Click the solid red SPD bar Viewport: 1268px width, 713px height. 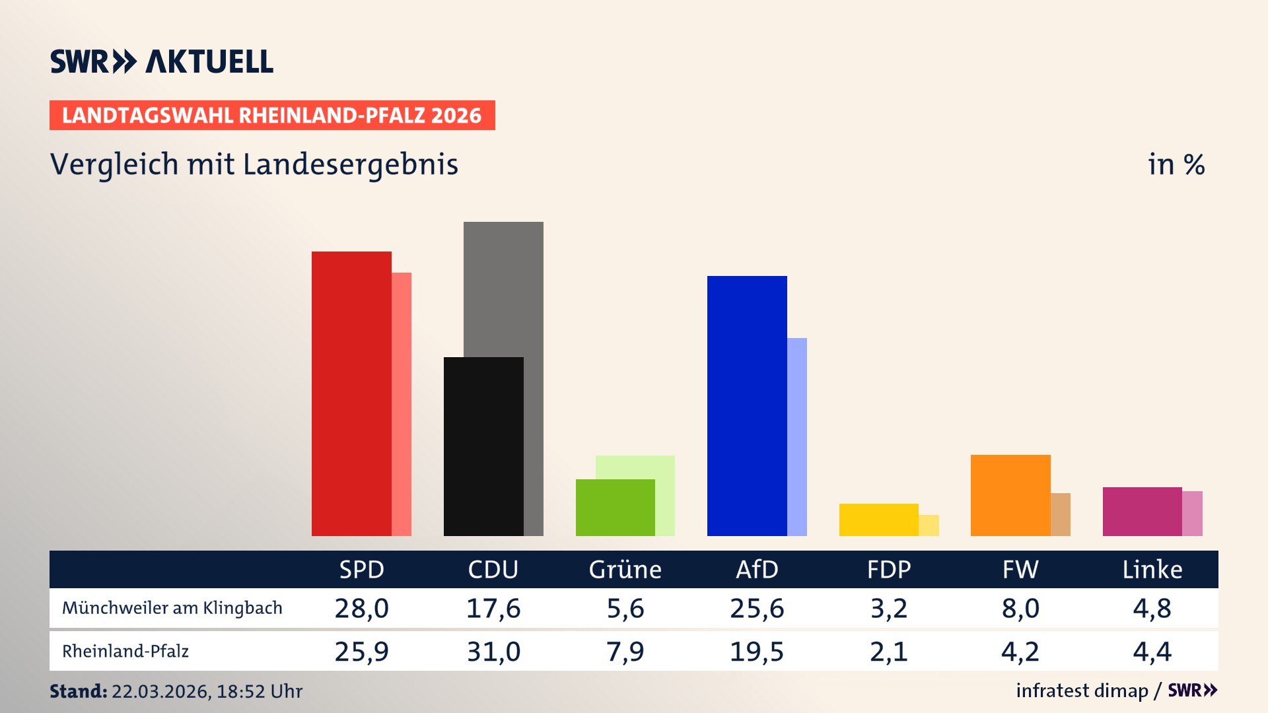[x=351, y=393]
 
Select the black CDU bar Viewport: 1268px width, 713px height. [x=483, y=446]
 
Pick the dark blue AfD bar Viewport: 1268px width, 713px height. [x=747, y=405]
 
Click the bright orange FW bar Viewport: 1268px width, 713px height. [x=1010, y=495]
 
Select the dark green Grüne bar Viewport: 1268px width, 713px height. [x=615, y=507]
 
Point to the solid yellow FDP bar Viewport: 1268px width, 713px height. [x=878, y=520]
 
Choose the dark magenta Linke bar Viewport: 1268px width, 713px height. [x=1142, y=511]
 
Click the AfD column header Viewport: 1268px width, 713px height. [x=757, y=569]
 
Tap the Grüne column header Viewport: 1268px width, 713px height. [x=625, y=569]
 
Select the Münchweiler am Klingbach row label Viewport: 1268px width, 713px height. [x=172, y=608]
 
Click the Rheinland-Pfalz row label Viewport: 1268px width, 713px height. [x=125, y=652]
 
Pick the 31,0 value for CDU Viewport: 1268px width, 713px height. [x=493, y=652]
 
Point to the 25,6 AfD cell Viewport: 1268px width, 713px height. [x=757, y=608]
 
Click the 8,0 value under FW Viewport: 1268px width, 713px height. [x=1020, y=608]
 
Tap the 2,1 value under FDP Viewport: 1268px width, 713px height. [x=888, y=652]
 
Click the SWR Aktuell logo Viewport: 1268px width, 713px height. [x=162, y=61]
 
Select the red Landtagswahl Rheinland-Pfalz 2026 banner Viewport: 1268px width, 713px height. [x=272, y=116]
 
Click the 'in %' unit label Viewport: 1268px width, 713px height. [x=1176, y=164]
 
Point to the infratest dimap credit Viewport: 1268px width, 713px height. [x=1082, y=691]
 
